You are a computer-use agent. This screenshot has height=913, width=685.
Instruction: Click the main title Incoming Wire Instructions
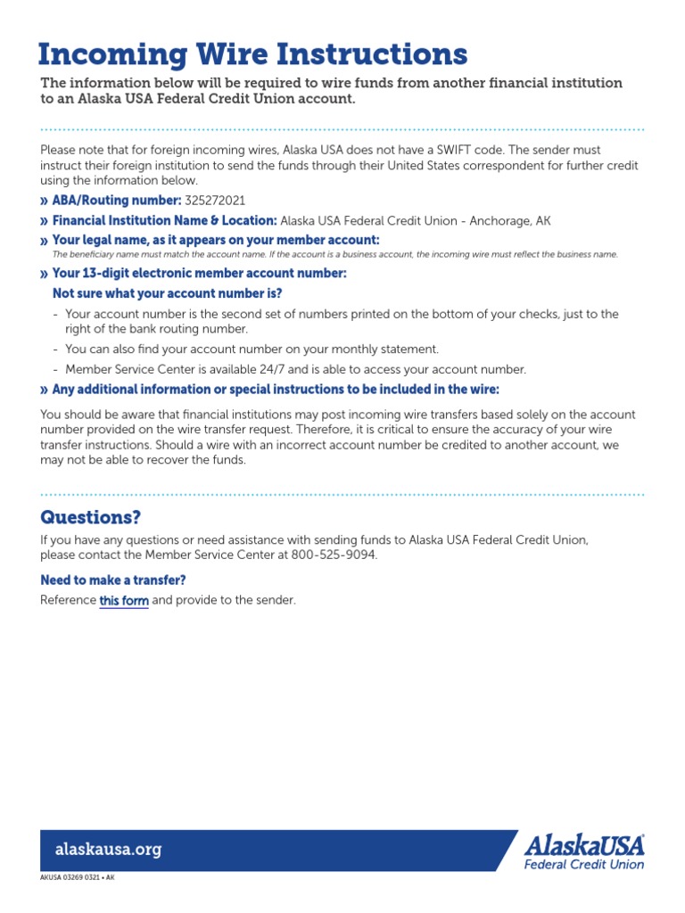(252, 54)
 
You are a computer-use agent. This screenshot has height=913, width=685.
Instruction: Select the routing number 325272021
(215, 201)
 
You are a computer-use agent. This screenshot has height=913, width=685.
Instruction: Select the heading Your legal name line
(215, 241)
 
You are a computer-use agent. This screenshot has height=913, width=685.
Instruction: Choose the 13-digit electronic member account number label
(199, 274)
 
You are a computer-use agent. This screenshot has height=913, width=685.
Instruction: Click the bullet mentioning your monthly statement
(252, 350)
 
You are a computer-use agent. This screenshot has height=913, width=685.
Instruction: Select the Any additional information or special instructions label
(276, 390)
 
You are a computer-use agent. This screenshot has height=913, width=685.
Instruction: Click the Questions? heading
(91, 518)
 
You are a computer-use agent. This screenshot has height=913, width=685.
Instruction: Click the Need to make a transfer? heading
(113, 580)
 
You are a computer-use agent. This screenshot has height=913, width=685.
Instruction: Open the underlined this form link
(124, 601)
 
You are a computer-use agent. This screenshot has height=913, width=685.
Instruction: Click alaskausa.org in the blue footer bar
(109, 850)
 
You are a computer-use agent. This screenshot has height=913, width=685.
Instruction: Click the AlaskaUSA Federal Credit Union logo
(583, 851)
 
